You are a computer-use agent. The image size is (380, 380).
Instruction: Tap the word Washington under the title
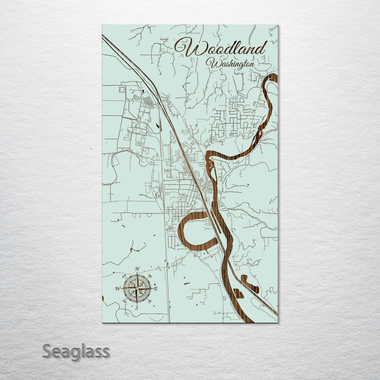[x=230, y=64]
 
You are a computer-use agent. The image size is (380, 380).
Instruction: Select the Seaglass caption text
[x=75, y=351]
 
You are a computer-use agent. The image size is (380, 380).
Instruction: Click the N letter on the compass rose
[x=137, y=269]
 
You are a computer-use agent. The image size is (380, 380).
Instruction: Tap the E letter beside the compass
[x=155, y=289]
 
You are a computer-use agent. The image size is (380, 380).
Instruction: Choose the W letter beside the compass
[x=117, y=289]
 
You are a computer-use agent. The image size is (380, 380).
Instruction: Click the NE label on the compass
[x=150, y=276]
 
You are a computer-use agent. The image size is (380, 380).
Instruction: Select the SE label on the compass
[x=150, y=301]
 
